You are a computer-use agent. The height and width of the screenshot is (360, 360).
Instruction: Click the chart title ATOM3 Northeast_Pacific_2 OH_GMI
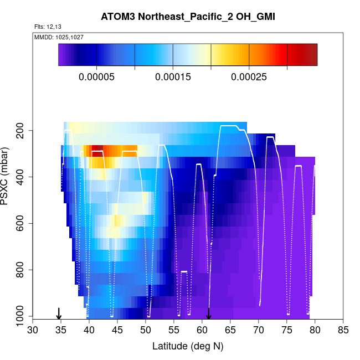188,17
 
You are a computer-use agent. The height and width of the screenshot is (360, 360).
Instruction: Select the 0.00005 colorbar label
96,77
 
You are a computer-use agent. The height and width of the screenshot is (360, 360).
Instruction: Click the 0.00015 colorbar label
173,77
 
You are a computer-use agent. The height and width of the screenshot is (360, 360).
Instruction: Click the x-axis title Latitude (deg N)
188,347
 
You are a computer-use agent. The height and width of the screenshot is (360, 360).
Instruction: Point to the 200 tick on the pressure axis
22,131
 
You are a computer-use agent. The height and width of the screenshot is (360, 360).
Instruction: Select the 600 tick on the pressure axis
22,224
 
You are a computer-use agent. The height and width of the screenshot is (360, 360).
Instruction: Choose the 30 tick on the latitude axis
33,331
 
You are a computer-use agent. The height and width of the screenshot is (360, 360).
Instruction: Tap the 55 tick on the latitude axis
174,331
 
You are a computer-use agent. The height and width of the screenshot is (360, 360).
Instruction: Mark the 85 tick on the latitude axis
343,331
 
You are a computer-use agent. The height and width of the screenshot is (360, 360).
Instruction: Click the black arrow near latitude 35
59,314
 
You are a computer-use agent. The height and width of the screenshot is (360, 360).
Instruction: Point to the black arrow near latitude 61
209,314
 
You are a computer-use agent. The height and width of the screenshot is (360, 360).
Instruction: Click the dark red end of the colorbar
312,55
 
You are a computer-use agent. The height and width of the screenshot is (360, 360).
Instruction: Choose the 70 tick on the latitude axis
259,331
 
